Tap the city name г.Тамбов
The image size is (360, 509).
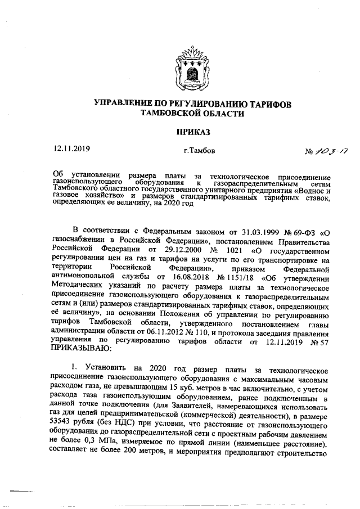199,151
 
